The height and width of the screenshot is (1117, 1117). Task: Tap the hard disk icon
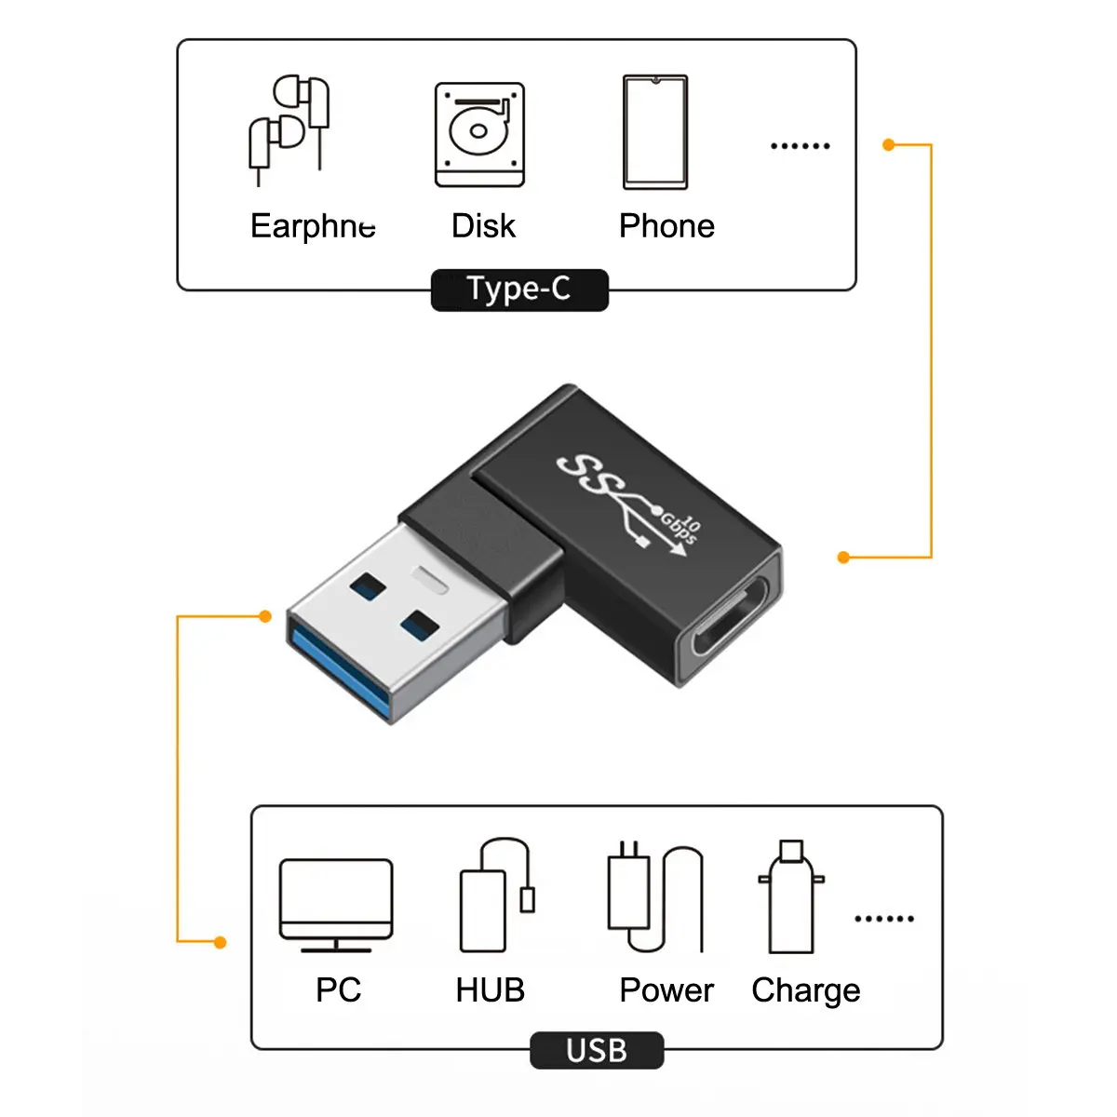[x=479, y=135]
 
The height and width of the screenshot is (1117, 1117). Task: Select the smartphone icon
[x=655, y=132]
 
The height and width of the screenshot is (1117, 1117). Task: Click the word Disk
[x=483, y=226]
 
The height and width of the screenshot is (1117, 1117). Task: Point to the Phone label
[x=666, y=226]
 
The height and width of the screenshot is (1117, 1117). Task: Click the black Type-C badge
[x=519, y=289]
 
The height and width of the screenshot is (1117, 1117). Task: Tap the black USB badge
[x=597, y=1051]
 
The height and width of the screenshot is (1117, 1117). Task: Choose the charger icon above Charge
[x=791, y=897]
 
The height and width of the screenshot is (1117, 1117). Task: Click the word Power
[x=666, y=990]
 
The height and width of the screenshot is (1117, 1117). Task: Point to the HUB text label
[x=491, y=990]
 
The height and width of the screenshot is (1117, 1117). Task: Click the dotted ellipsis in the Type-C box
[x=801, y=146]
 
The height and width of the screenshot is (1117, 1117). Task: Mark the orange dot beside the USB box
[x=221, y=943]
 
